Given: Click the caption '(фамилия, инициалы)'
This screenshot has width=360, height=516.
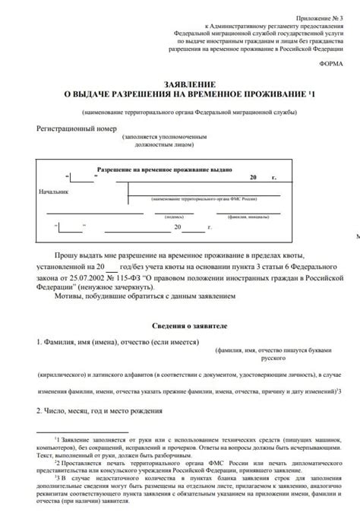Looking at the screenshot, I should (x=248, y=216).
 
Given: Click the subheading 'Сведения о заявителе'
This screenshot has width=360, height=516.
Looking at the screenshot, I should (x=179, y=324).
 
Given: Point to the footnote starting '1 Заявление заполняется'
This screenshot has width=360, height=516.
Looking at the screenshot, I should (x=197, y=441).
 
